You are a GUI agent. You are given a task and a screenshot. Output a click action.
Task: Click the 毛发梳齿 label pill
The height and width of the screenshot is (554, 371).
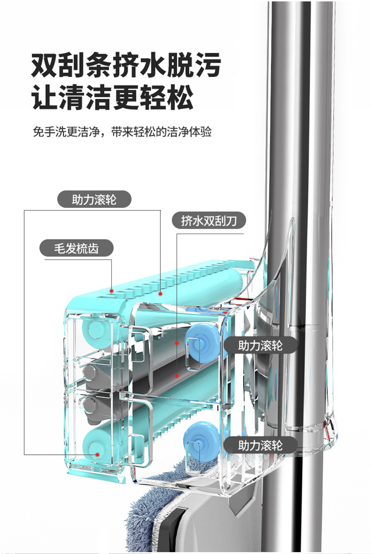point(76,248)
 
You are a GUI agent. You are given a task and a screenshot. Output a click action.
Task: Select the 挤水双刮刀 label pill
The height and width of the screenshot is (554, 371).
point(209,221)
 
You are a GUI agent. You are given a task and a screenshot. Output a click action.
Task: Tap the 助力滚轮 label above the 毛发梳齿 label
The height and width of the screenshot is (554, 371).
point(94,200)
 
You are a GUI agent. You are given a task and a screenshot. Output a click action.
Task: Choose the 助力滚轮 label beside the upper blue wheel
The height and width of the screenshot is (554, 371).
point(260,345)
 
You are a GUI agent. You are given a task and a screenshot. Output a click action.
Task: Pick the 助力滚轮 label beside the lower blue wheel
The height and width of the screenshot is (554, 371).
point(260,446)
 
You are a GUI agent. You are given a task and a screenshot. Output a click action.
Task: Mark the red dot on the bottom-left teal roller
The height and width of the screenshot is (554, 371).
point(98,455)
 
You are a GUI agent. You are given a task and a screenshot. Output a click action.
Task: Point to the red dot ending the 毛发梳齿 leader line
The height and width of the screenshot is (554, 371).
point(112,290)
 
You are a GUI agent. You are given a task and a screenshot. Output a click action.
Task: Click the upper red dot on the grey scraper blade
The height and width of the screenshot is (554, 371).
point(177,344)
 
